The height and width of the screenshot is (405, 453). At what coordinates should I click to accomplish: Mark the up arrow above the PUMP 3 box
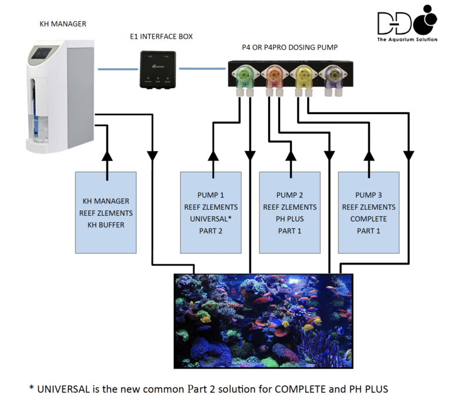[369, 156]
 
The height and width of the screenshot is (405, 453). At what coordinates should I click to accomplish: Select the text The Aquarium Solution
[407, 40]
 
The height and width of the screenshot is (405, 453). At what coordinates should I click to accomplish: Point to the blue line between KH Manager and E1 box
[115, 69]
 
